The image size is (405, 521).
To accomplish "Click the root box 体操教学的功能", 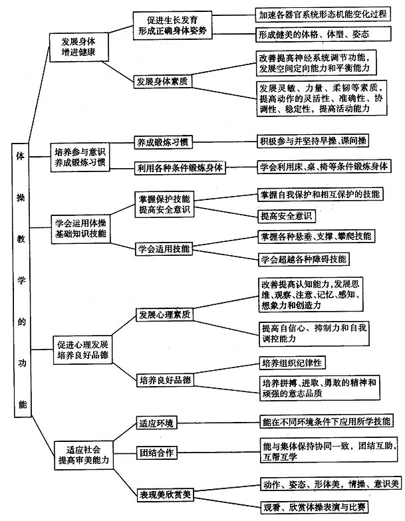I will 21,279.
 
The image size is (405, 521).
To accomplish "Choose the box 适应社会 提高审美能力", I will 80,453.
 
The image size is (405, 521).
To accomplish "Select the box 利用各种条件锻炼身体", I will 180,167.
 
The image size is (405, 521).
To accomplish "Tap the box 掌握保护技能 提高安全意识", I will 164,204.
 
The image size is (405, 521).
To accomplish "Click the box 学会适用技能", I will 164,250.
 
